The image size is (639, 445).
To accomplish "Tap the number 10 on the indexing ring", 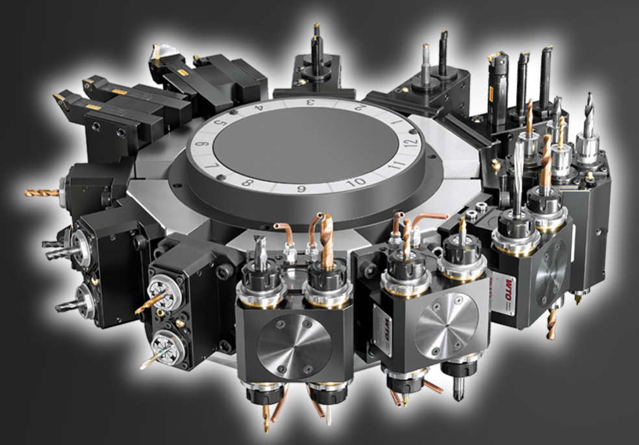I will tap(355, 182).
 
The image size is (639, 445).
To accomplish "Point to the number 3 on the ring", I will tap(310, 102).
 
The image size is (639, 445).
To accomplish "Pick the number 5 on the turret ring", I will tap(220, 124).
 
